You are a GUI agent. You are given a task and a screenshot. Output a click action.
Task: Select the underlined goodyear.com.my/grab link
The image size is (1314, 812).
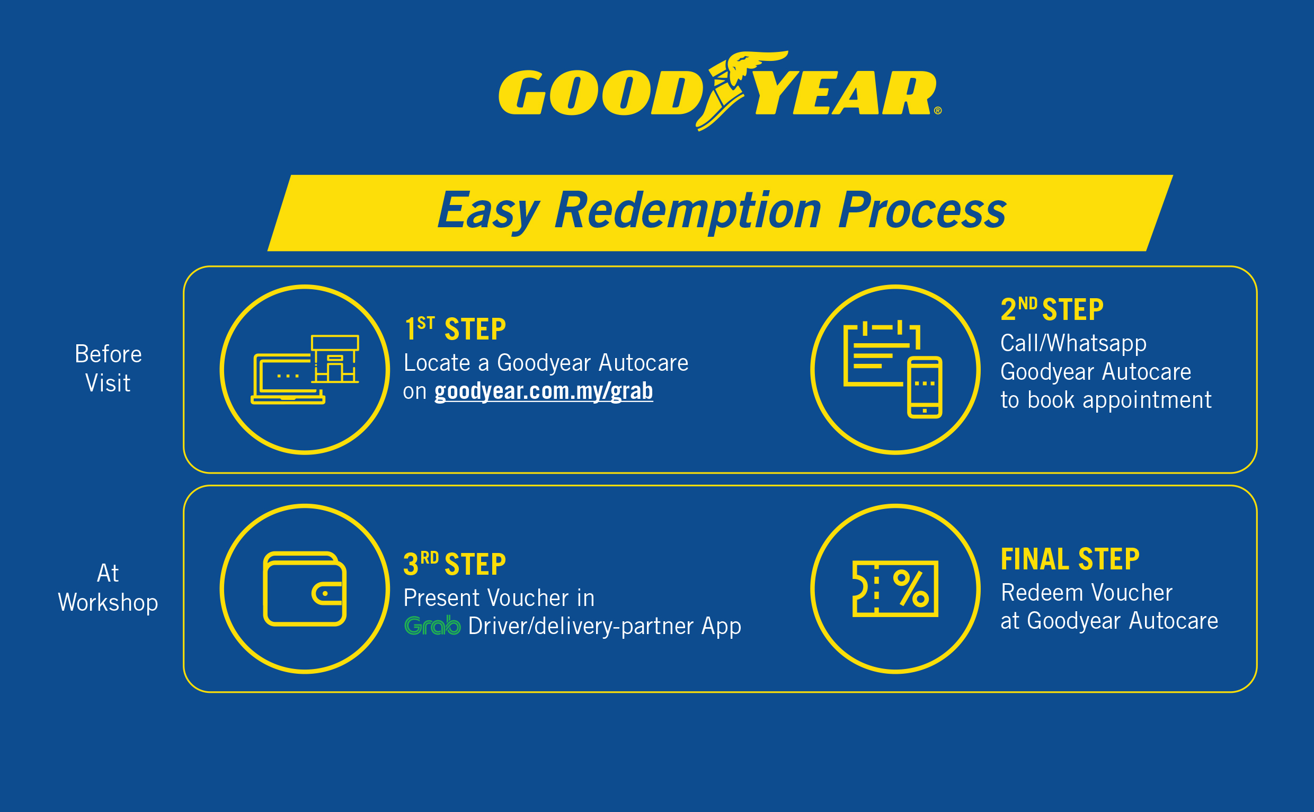544,391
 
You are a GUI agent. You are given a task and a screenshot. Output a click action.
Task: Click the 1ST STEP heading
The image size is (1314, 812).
455,328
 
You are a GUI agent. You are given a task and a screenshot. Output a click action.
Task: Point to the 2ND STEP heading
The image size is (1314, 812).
1052,309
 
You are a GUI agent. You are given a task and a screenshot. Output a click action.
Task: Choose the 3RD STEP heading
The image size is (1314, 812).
455,564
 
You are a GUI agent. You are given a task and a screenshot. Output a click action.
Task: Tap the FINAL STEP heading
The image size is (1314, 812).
1070,558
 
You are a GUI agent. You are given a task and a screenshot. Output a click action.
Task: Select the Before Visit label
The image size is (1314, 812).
108,369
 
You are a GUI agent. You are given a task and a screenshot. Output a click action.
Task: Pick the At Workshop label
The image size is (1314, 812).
108,587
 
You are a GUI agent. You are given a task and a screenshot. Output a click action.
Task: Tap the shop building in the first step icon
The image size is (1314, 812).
335,359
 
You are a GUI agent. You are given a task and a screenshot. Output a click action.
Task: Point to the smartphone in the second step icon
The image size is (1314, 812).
925,387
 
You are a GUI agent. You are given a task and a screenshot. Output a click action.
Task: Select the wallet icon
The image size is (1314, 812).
305,588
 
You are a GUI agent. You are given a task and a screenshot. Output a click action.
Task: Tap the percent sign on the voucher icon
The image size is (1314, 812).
911,588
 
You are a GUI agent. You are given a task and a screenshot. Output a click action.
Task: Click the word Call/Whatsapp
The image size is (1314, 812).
1073,343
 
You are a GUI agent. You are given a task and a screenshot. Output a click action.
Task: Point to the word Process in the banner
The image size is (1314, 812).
922,210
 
